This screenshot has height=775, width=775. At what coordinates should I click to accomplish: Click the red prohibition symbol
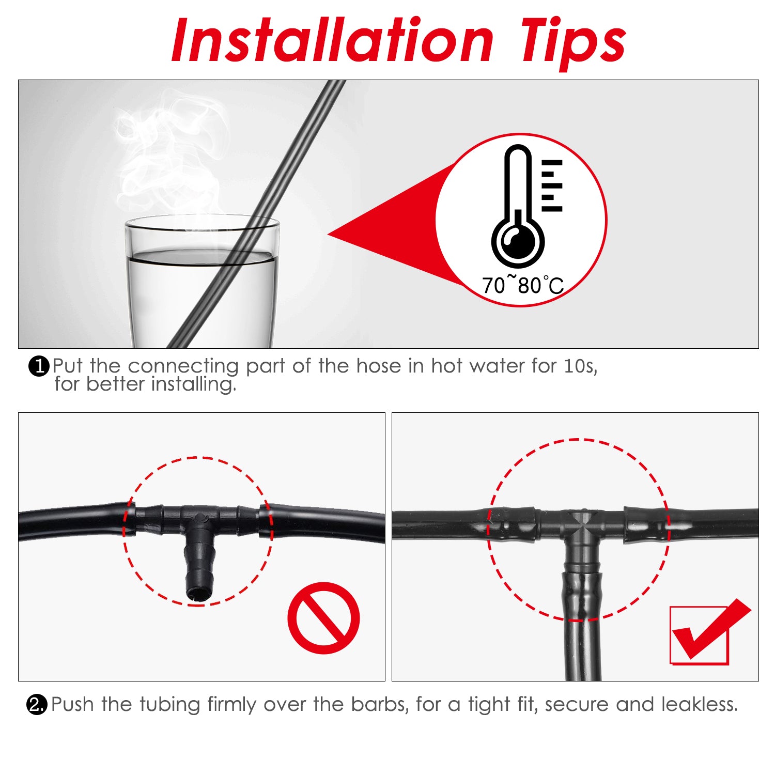[323, 618]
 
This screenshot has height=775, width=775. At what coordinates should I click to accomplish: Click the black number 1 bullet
[39, 366]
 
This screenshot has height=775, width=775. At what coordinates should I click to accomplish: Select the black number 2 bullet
[37, 705]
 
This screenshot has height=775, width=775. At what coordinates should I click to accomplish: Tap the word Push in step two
[73, 704]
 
